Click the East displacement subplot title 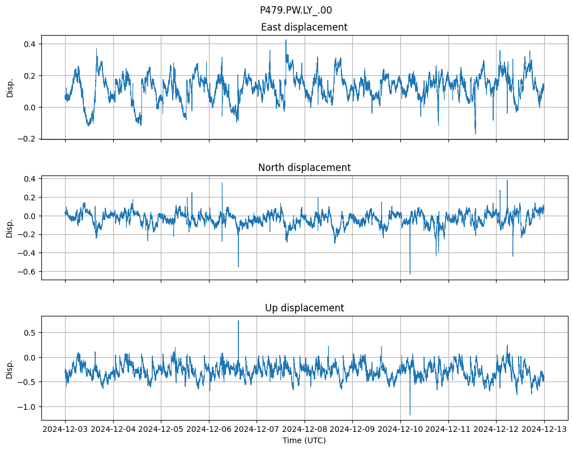[x=304, y=27]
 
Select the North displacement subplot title [x=304, y=168]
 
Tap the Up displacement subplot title [x=304, y=308]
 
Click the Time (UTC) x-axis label [x=304, y=440]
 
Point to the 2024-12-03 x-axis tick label [x=65, y=430]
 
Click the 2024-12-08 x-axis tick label [x=305, y=430]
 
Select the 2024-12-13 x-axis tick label [x=544, y=430]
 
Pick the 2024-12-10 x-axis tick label [x=400, y=430]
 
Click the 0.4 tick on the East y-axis [x=29, y=44]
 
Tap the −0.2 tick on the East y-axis [x=27, y=139]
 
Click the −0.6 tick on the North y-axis [x=27, y=272]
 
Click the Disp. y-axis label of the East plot [x=10, y=87]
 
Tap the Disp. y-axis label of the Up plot [x=10, y=368]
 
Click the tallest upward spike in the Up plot [x=238, y=322]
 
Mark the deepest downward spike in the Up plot [x=410, y=414]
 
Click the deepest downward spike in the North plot [x=410, y=274]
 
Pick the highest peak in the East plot [x=286, y=40]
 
